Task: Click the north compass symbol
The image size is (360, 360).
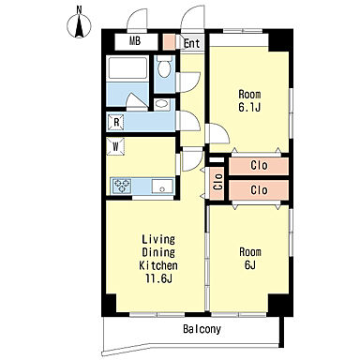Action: coord(80,23)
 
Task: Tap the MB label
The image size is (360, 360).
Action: coord(135,41)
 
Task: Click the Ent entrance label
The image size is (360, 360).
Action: coord(191,43)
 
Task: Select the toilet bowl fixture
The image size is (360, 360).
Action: coord(164,67)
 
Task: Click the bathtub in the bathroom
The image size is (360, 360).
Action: coord(127,67)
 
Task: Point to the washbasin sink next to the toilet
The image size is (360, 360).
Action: coord(161,104)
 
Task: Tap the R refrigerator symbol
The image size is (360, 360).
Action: coord(116,122)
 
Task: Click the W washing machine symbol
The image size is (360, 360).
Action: coord(115,146)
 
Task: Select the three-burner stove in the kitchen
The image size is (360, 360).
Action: coord(122,186)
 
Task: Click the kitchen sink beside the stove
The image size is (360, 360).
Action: coord(162,187)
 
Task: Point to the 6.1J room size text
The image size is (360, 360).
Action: coord(249,108)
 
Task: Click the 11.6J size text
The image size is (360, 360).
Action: coord(158,278)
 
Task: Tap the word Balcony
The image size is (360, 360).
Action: coord(202,329)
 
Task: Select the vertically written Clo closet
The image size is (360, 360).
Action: coord(217,182)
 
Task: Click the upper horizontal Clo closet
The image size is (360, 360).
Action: coord(259,166)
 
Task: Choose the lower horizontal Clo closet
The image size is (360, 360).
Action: coord(259,190)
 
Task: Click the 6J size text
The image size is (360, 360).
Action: coord(250,265)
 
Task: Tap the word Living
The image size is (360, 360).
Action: coord(158,240)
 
